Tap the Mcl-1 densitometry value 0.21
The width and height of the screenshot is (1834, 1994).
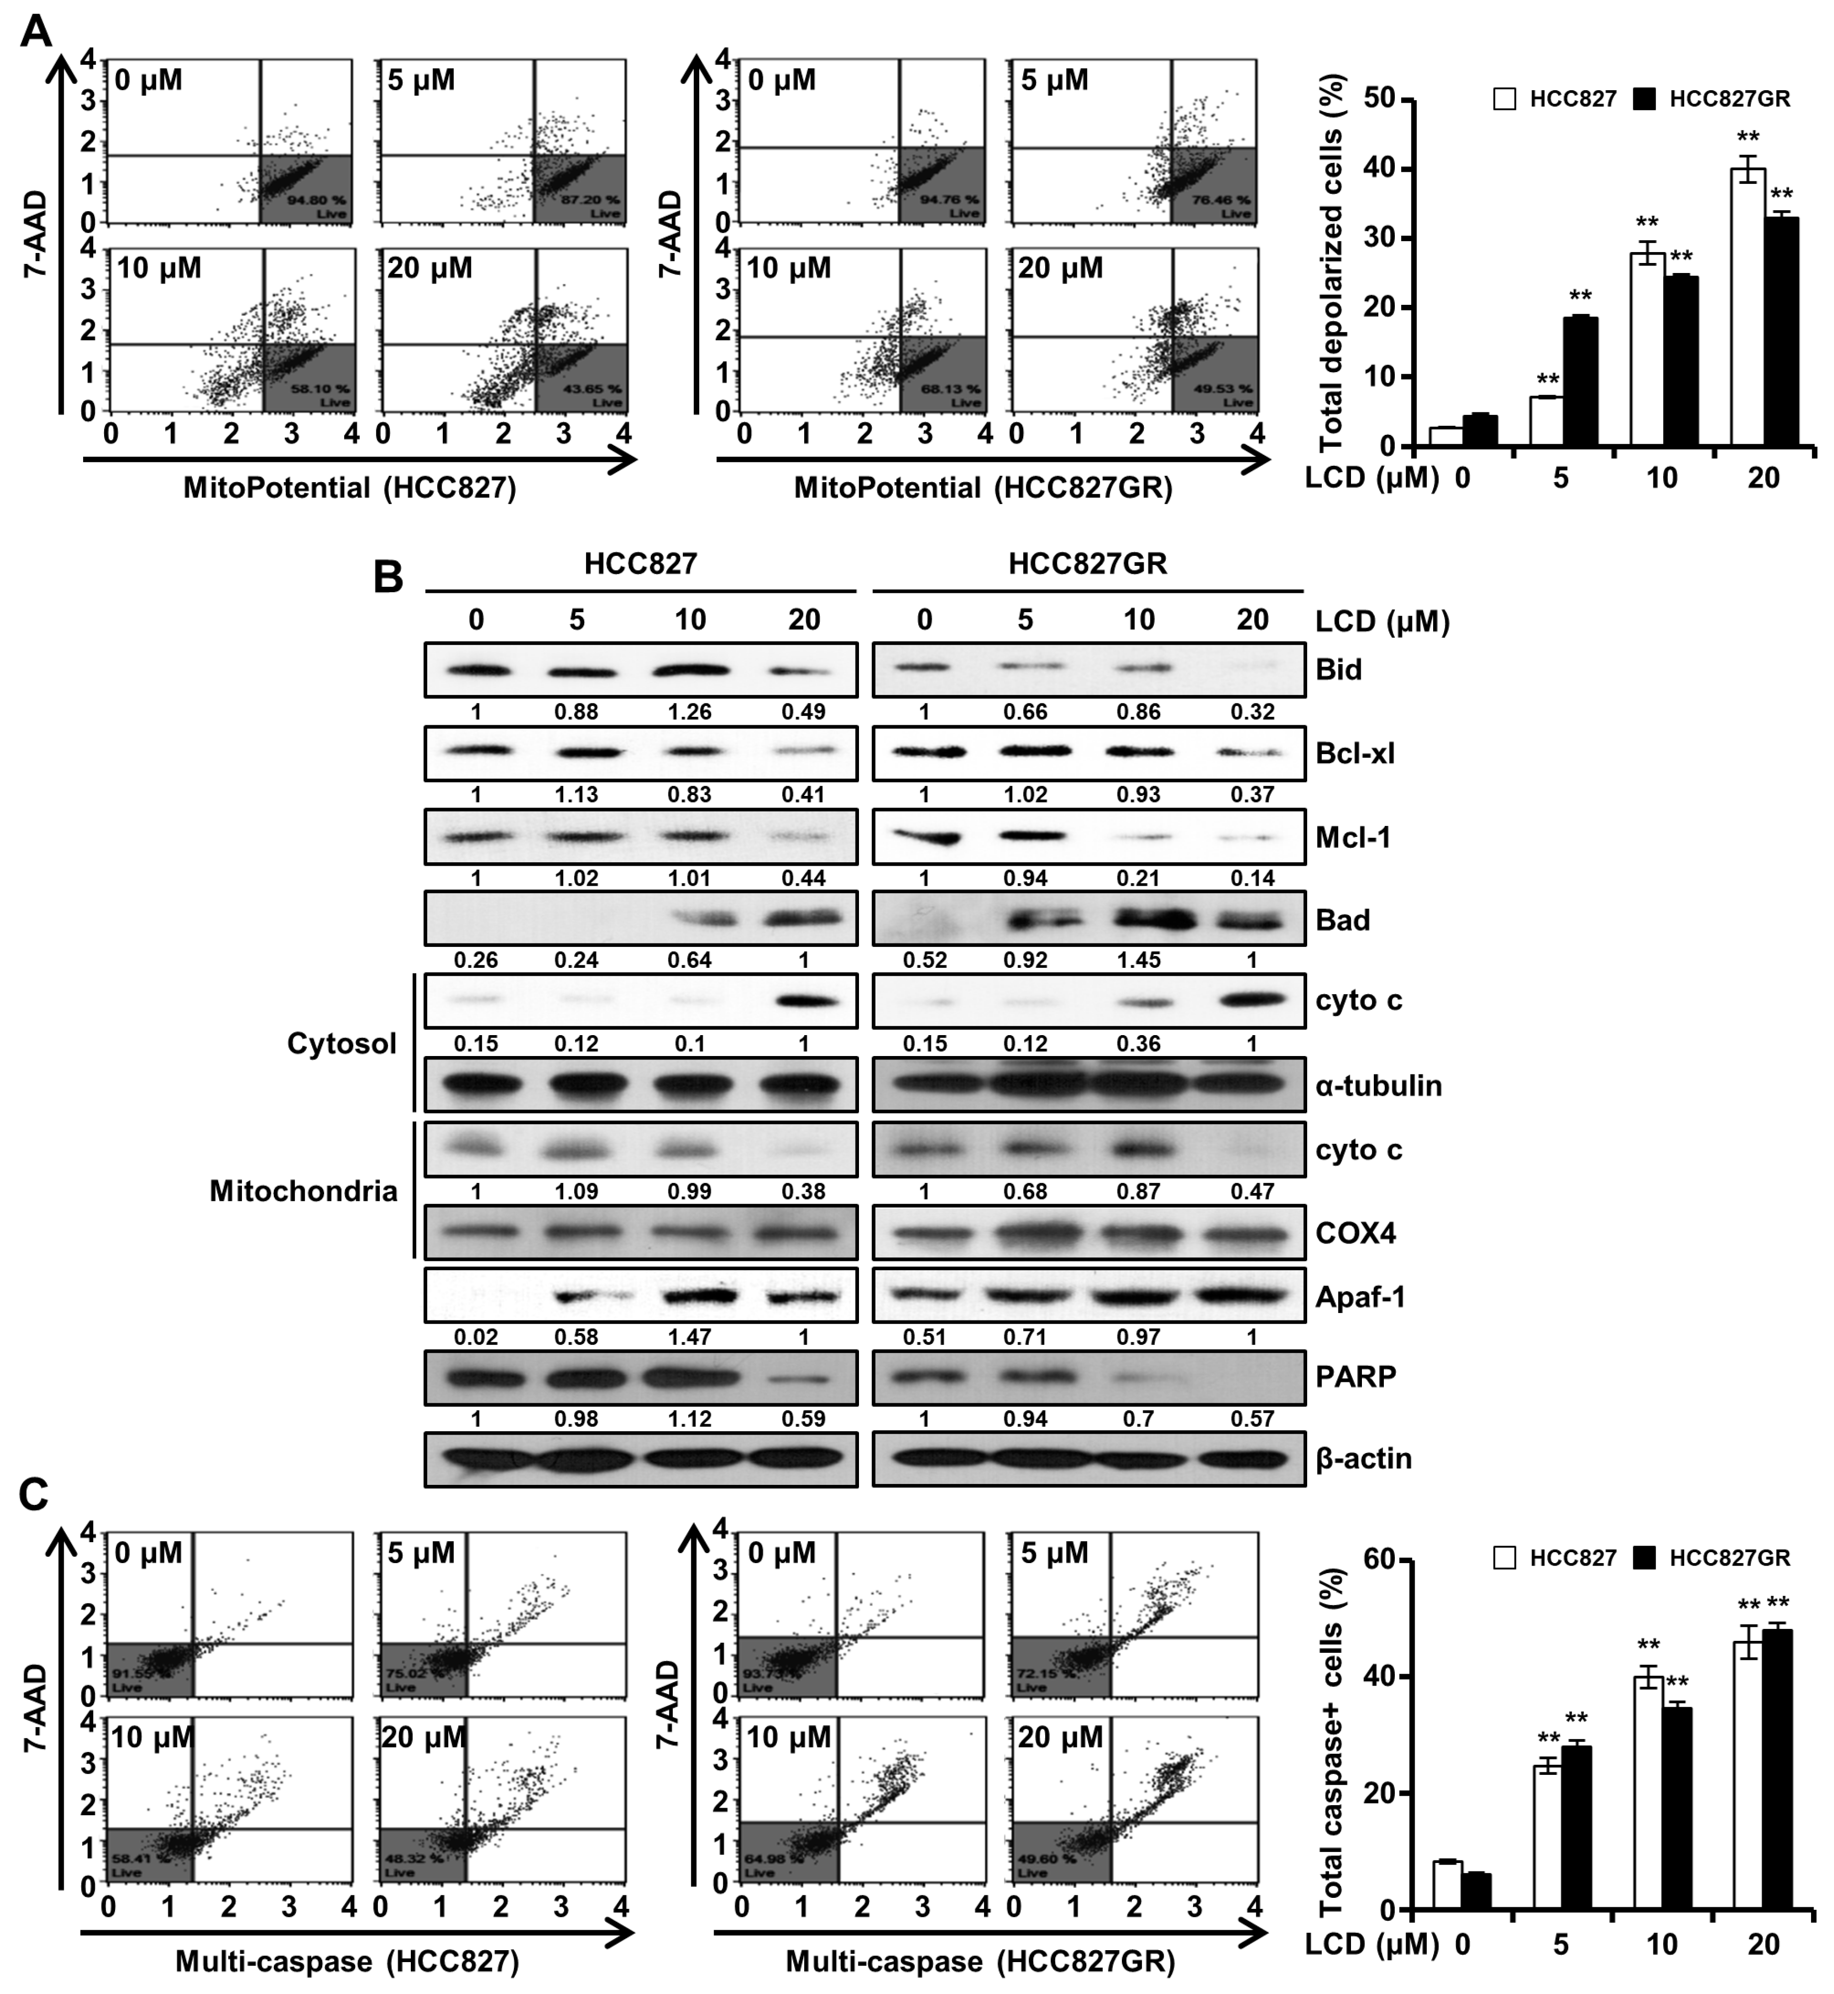(x=1138, y=877)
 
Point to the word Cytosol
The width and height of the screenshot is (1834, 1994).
(x=342, y=1043)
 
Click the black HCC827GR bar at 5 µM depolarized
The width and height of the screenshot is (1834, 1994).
(x=1580, y=382)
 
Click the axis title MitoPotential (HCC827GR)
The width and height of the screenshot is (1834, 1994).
(x=982, y=488)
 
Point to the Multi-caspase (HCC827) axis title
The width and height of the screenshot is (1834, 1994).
(x=348, y=1961)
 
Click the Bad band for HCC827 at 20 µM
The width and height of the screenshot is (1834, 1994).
(x=803, y=919)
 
